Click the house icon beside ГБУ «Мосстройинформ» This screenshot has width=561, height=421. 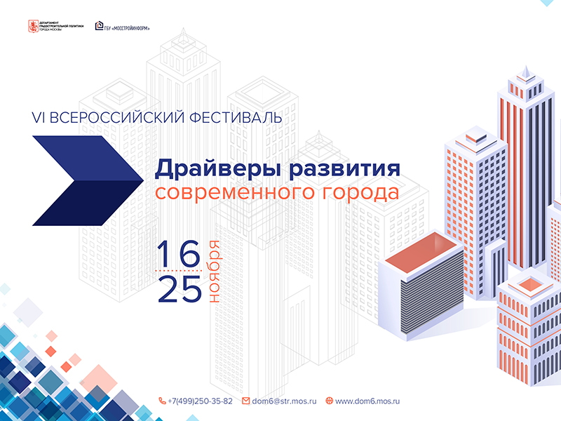click(x=101, y=27)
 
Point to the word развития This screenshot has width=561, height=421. click(x=341, y=169)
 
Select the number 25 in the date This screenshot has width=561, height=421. click(x=180, y=289)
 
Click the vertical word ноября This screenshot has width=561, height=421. click(x=215, y=272)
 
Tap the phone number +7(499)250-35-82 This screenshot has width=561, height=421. click(x=200, y=401)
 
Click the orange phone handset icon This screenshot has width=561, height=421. click(x=163, y=401)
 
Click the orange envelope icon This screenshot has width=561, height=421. click(x=246, y=401)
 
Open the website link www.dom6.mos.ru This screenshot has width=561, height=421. click(x=367, y=401)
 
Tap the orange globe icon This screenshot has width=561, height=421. click(x=329, y=401)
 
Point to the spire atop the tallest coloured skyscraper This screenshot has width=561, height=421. click(x=525, y=72)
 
